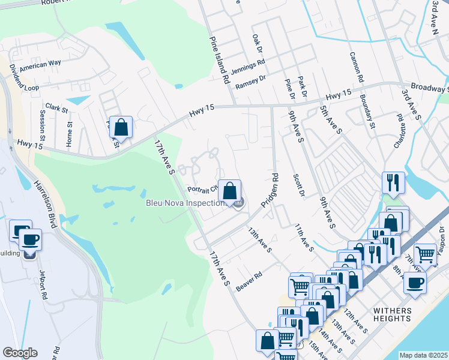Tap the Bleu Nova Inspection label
(x=184, y=203)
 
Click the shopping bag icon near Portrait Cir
(x=229, y=191)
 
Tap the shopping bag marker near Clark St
(x=121, y=128)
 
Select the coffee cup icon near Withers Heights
(x=414, y=283)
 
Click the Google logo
(x=20, y=353)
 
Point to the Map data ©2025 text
(x=423, y=355)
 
